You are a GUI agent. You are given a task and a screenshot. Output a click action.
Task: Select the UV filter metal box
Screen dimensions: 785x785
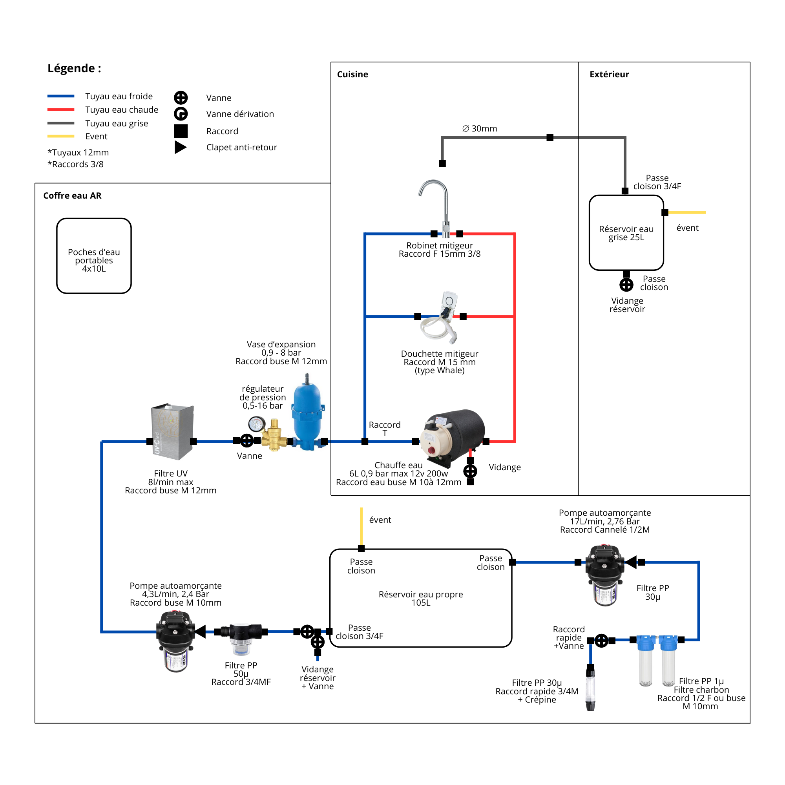click(172, 431)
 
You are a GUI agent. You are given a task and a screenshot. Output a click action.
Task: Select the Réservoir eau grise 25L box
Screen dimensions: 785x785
click(626, 233)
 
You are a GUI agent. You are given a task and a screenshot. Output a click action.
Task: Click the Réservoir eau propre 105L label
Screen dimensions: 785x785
click(420, 598)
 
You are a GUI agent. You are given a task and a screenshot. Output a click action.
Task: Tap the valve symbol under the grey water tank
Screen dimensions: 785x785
click(626, 285)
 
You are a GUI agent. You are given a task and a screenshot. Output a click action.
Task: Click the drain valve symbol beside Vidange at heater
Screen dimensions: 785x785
click(470, 471)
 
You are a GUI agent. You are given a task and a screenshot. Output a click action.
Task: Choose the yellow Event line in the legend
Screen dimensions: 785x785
click(61, 136)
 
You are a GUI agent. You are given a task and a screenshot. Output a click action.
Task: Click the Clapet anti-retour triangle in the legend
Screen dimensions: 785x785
click(181, 147)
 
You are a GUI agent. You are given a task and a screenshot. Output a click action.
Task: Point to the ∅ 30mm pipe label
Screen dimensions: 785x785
click(480, 128)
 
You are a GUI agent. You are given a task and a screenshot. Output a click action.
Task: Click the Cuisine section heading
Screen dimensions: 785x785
click(352, 74)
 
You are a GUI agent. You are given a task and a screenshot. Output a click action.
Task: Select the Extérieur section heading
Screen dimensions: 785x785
click(609, 74)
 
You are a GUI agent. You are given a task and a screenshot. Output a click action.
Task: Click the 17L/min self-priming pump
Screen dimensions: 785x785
click(604, 575)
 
